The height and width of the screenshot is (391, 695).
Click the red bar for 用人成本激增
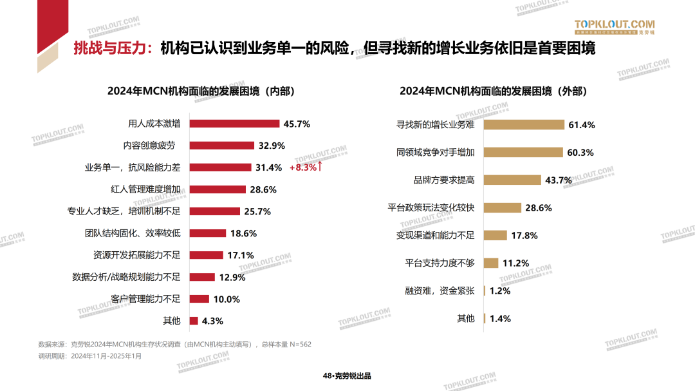[x=234, y=124]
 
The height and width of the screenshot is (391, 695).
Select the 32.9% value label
[x=272, y=146]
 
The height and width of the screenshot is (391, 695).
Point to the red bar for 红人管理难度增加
[x=218, y=189]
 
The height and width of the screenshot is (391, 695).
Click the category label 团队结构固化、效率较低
[x=133, y=233]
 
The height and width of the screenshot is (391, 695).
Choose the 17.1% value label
[x=241, y=255]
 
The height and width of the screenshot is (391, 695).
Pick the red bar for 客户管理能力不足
[x=199, y=299]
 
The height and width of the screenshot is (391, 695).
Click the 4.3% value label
[x=212, y=321]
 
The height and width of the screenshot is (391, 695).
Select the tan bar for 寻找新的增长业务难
[x=524, y=125]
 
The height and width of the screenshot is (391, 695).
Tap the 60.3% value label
[x=580, y=153]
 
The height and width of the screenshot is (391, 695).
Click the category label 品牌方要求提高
[x=444, y=180]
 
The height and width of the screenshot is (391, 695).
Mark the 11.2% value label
[x=515, y=263]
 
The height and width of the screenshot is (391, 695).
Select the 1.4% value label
[x=500, y=318]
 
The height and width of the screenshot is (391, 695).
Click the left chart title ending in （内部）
[x=201, y=91]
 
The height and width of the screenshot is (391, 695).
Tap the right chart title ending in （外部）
[x=494, y=91]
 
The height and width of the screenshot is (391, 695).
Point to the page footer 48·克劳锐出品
[x=347, y=376]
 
